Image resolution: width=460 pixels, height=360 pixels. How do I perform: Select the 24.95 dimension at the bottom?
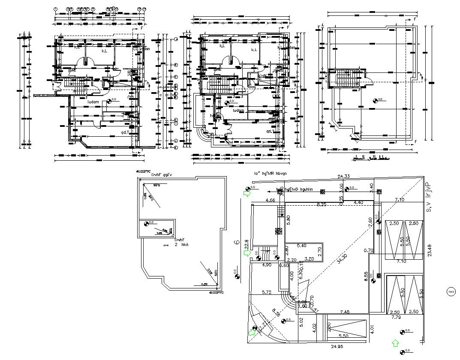click(337, 346)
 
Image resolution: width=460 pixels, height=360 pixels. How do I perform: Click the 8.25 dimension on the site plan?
click(321, 205)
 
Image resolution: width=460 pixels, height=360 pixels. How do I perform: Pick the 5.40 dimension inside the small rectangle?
click(301, 246)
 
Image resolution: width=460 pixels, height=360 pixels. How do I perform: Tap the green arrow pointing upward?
click(395, 343)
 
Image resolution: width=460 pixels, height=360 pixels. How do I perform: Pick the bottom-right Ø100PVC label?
click(216, 293)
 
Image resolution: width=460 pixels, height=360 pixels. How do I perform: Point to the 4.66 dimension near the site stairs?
click(270, 200)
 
